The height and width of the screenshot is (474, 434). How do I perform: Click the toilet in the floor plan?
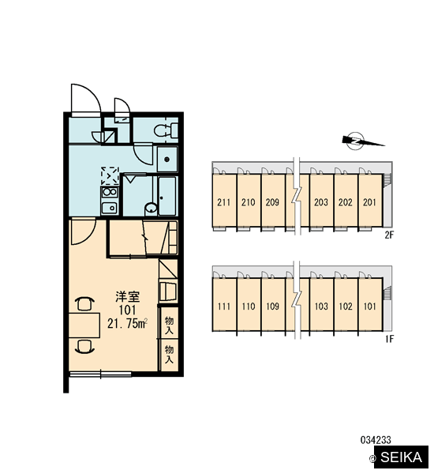(166, 130)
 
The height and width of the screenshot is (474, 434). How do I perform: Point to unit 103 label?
(321, 307)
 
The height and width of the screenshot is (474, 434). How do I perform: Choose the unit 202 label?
(345, 202)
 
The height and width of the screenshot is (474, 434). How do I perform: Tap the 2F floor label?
(390, 235)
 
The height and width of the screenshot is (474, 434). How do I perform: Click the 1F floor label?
(390, 339)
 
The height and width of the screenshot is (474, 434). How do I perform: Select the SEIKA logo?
(401, 457)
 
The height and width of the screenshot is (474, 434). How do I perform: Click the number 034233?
(376, 440)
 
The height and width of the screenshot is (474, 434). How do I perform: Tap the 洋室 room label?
(128, 297)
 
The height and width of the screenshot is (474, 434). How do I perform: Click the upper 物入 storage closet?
(169, 323)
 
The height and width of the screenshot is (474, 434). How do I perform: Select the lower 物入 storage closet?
(169, 355)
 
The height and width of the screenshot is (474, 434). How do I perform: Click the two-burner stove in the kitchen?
(110, 192)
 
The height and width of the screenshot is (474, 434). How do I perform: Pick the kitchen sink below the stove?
(110, 208)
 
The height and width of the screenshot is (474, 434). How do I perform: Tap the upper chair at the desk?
(84, 303)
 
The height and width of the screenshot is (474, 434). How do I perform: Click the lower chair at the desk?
(84, 347)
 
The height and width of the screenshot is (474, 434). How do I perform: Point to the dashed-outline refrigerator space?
(110, 175)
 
